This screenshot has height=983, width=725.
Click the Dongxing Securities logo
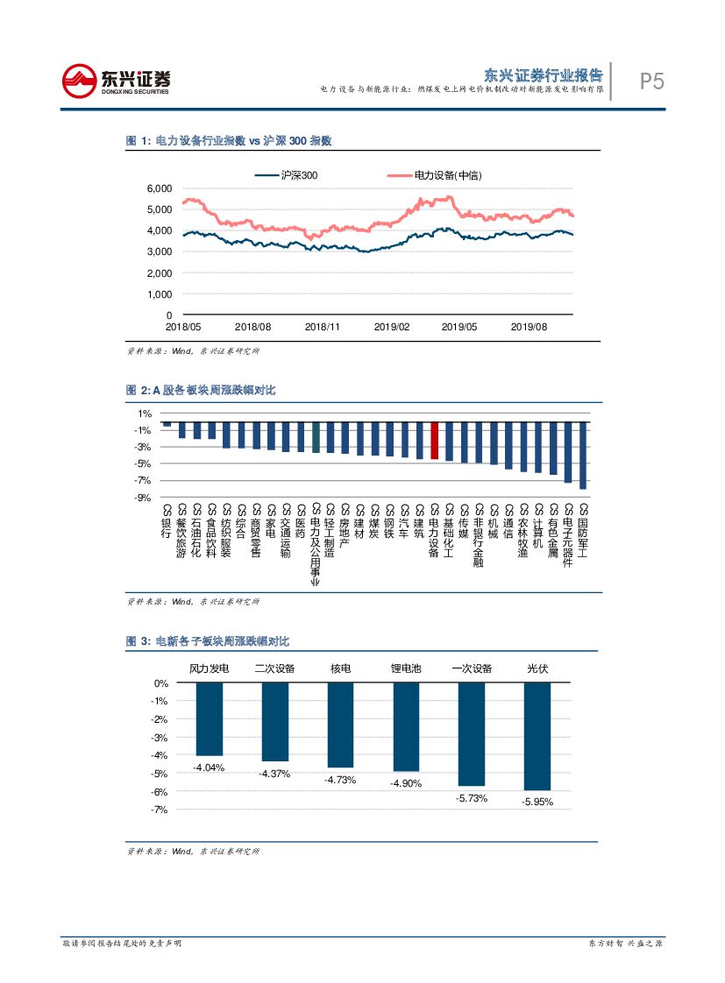[x=116, y=81]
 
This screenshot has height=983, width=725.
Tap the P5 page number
[x=651, y=81]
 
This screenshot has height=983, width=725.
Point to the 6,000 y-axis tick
[x=159, y=188]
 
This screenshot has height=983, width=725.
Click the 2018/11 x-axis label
[x=322, y=326]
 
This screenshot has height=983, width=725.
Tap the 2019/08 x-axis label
[x=529, y=326]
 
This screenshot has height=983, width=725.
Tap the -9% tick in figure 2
[x=144, y=497]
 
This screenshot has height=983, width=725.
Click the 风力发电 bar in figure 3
[x=209, y=719]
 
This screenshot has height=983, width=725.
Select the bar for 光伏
[x=537, y=736]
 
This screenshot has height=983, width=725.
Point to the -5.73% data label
[x=472, y=798]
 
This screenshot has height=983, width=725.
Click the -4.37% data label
[x=274, y=774]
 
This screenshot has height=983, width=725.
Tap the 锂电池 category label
[x=406, y=668]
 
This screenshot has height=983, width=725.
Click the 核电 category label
[x=340, y=668]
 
